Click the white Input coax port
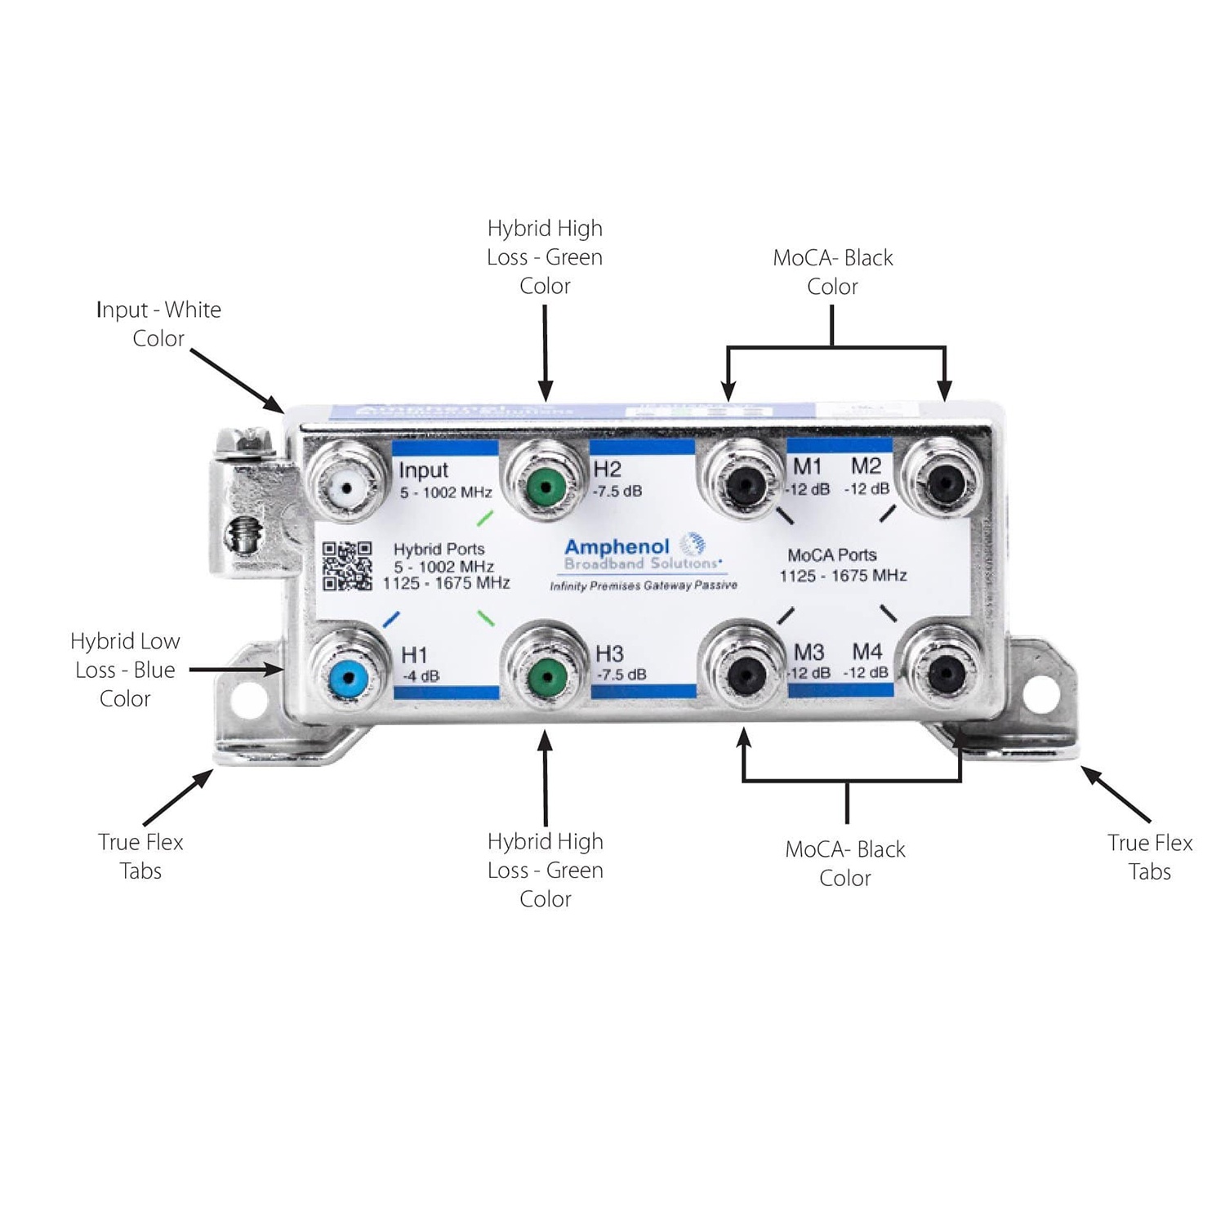click(x=348, y=488)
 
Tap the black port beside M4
click(x=945, y=673)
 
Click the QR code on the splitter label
click(x=347, y=566)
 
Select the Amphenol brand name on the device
click(x=617, y=546)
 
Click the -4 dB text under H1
click(x=421, y=676)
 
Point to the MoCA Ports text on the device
click(x=832, y=555)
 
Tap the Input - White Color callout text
click(x=158, y=323)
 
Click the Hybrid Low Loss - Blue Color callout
click(x=125, y=670)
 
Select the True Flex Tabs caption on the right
click(x=1150, y=857)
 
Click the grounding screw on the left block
click(x=243, y=536)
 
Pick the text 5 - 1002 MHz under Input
click(x=446, y=492)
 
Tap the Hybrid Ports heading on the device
click(x=439, y=549)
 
